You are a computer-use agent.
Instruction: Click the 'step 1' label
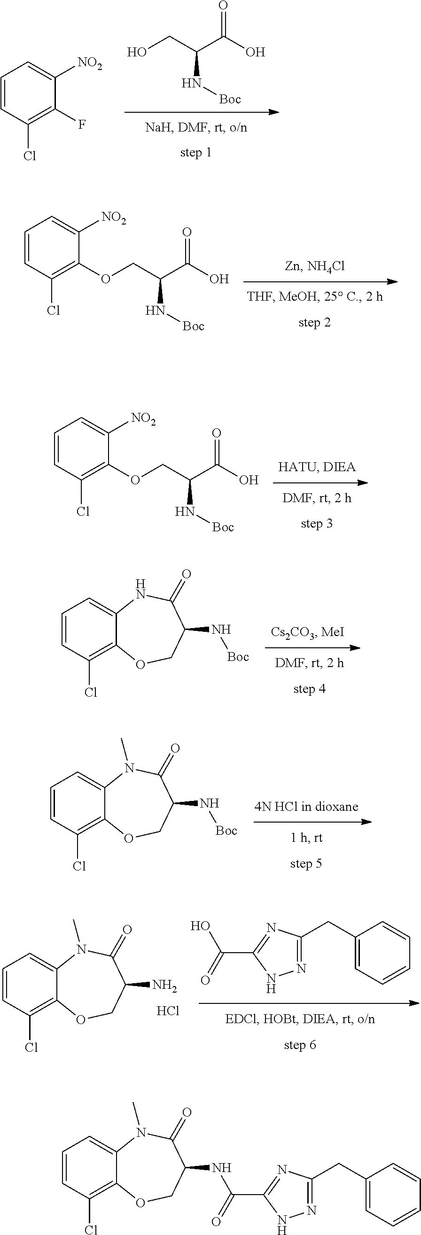(195, 153)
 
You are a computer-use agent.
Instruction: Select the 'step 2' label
(314, 322)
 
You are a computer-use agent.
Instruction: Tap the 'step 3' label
(317, 523)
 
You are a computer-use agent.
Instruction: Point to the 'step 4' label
(309, 689)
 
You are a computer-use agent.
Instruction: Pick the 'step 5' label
(306, 863)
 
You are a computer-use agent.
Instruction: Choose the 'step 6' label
(300, 1045)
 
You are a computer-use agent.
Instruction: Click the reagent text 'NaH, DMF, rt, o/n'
(196, 128)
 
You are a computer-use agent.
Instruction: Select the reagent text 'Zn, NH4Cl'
(314, 266)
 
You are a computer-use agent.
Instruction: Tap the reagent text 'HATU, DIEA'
(317, 467)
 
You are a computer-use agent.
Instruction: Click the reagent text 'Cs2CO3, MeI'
(307, 633)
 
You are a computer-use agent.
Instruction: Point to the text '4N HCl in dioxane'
(306, 807)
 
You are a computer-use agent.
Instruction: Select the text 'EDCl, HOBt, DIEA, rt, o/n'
(300, 1019)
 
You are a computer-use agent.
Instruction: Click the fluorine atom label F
(82, 125)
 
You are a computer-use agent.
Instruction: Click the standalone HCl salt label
(168, 1011)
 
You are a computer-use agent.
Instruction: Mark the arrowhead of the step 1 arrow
(274, 112)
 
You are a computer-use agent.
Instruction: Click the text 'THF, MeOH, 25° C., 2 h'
(315, 297)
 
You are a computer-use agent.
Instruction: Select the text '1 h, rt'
(306, 838)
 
